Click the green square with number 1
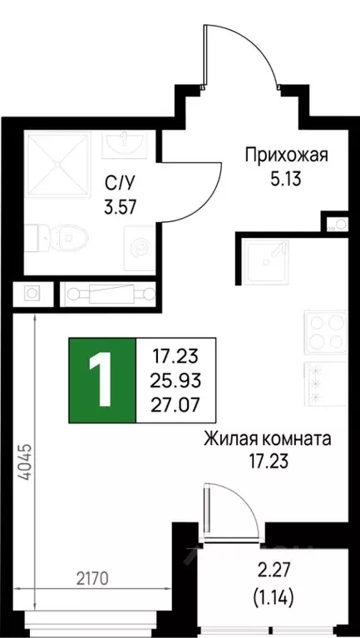click(x=101, y=378)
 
